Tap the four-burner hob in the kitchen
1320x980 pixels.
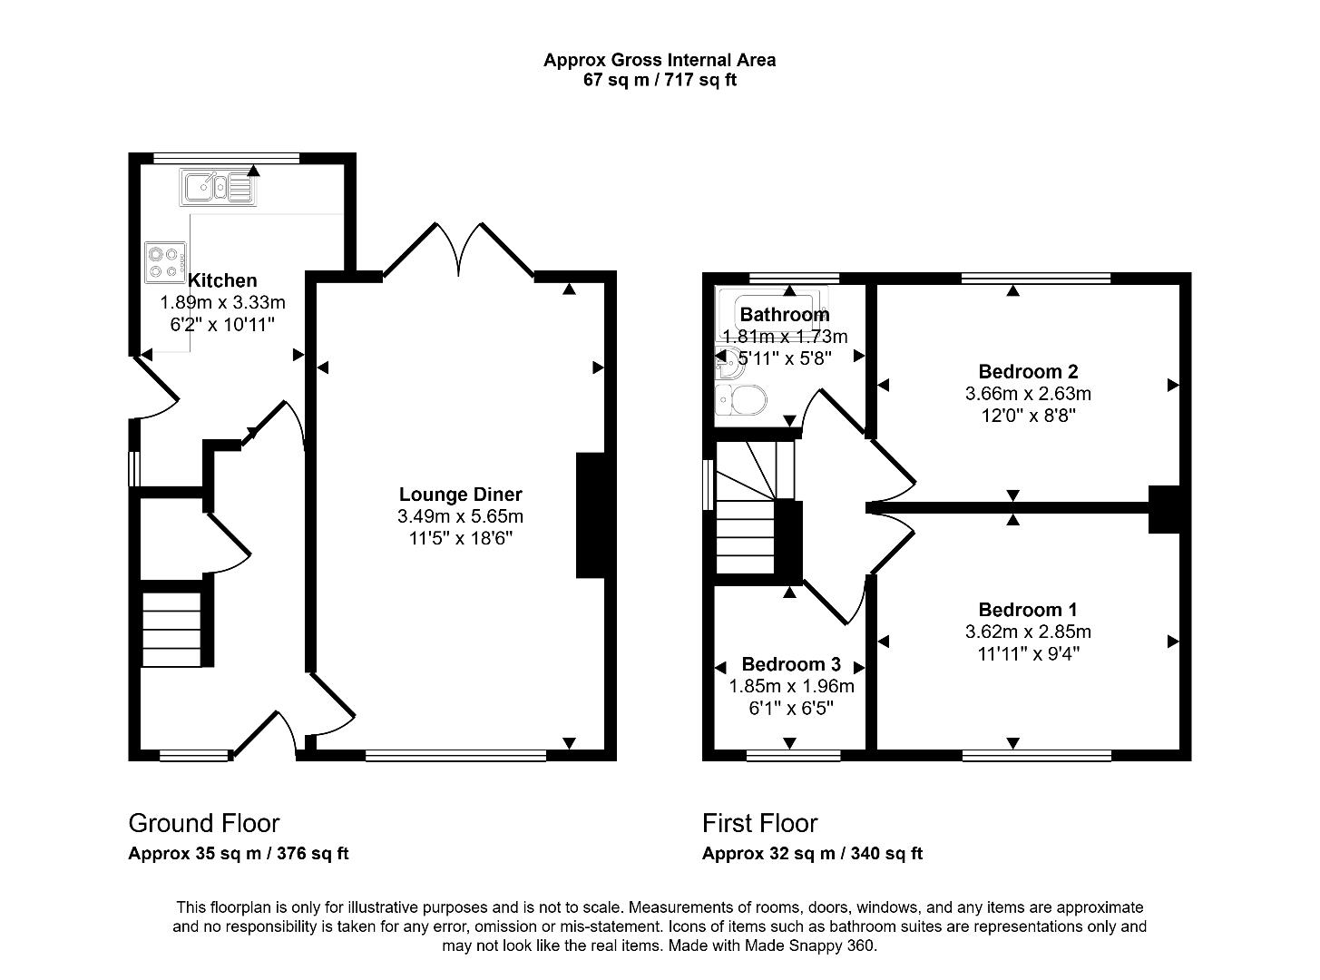click(x=164, y=261)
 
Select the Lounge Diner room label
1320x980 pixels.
click(x=460, y=495)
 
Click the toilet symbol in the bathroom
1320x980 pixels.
click(x=740, y=398)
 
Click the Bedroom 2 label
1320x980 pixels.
click(x=1028, y=371)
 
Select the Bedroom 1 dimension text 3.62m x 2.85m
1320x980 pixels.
click(x=1028, y=632)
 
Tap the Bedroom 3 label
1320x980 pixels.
click(x=791, y=664)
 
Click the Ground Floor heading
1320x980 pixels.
click(x=204, y=823)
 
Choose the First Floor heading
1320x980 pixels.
click(x=759, y=823)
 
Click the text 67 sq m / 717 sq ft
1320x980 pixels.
click(x=660, y=80)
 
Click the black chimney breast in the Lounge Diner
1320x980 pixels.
click(x=590, y=514)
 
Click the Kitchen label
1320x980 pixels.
click(x=222, y=280)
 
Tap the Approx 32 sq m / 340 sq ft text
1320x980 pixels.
click(x=812, y=854)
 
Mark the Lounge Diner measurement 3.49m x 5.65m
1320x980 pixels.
click(x=460, y=516)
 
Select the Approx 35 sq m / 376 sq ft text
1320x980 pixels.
click(x=239, y=854)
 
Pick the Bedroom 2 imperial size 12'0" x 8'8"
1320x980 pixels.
click(x=1028, y=416)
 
